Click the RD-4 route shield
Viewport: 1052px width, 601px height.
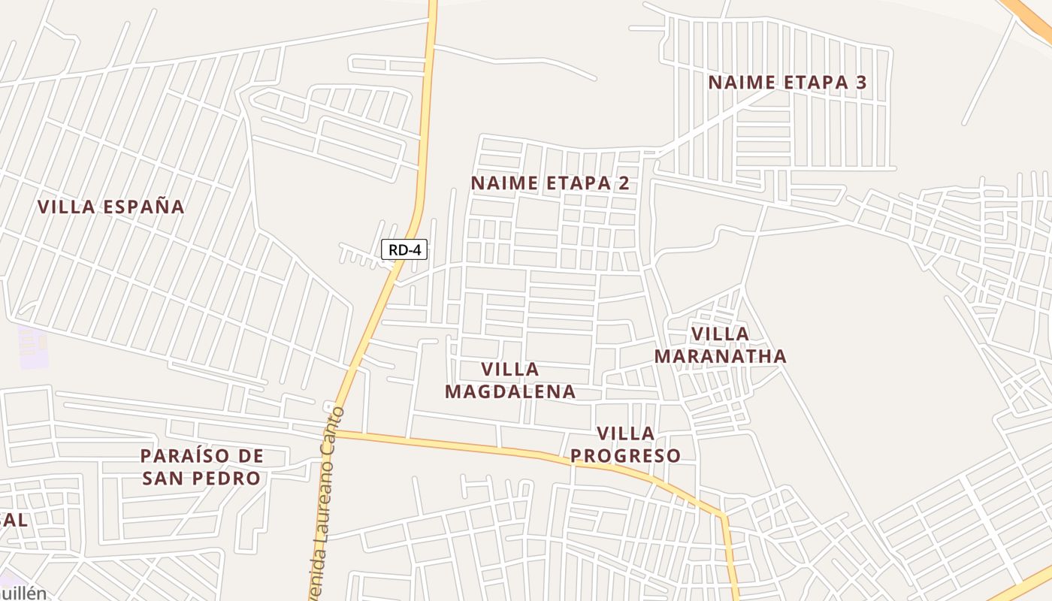pos(404,250)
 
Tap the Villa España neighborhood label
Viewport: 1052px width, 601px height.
pos(110,207)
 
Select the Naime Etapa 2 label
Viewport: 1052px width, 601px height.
pos(550,183)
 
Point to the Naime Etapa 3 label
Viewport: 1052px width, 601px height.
pos(787,83)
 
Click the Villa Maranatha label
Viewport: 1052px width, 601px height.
pos(720,345)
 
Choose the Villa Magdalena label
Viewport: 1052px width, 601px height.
pos(510,380)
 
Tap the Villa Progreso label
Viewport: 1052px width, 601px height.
pos(625,445)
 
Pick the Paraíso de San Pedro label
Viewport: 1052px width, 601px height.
pos(202,467)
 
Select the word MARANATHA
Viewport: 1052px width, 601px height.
pos(720,356)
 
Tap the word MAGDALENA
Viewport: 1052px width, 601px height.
pos(510,391)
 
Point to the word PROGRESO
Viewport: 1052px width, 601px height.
pos(625,456)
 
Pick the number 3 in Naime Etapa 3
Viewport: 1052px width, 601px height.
pos(860,83)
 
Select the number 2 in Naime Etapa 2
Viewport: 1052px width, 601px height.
pos(623,183)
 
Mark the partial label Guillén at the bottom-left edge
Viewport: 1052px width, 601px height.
pos(23,593)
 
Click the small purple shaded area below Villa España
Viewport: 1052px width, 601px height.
pos(33,348)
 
